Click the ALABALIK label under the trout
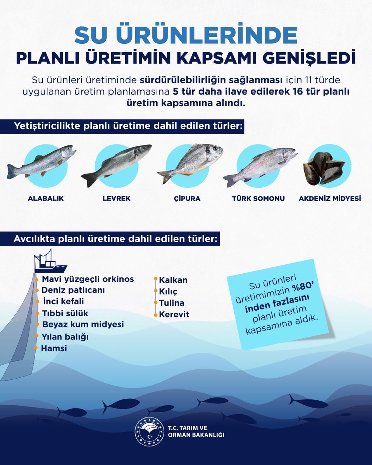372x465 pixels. point(46,198)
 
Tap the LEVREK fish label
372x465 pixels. point(116,198)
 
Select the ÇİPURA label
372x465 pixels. point(187,198)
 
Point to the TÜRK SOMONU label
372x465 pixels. point(258,198)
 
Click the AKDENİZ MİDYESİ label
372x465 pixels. point(330,198)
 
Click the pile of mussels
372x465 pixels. point(323,167)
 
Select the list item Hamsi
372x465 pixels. point(54,348)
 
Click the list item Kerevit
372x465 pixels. point(174,315)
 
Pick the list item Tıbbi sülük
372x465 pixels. point(62,313)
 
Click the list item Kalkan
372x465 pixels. point(173,280)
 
